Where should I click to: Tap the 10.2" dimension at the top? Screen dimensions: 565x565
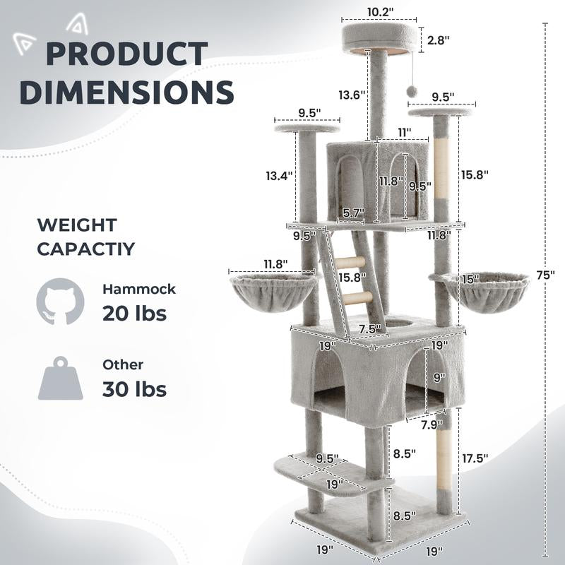click(379, 12)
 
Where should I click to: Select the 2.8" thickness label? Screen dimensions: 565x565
click(438, 40)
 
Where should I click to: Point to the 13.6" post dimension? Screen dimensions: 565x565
click(350, 95)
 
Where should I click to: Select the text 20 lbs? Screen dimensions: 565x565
click(134, 313)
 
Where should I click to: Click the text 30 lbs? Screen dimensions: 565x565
click(134, 388)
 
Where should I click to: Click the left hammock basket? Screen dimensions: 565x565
click(274, 291)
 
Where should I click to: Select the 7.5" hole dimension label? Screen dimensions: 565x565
click(369, 328)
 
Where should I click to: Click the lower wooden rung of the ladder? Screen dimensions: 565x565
click(357, 297)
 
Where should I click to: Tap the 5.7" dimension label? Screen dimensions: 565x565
click(353, 212)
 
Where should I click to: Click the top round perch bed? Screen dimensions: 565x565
click(379, 39)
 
